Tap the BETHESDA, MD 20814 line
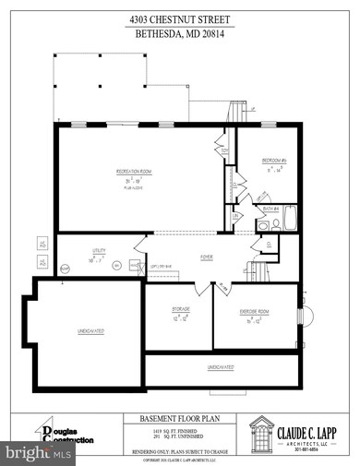tap(179, 32)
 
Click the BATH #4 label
tap(270, 209)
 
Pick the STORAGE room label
tap(180, 309)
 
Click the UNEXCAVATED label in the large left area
tap(90, 329)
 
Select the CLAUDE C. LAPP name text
tap(311, 426)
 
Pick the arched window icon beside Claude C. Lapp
tap(260, 433)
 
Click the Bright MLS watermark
tap(38, 454)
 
